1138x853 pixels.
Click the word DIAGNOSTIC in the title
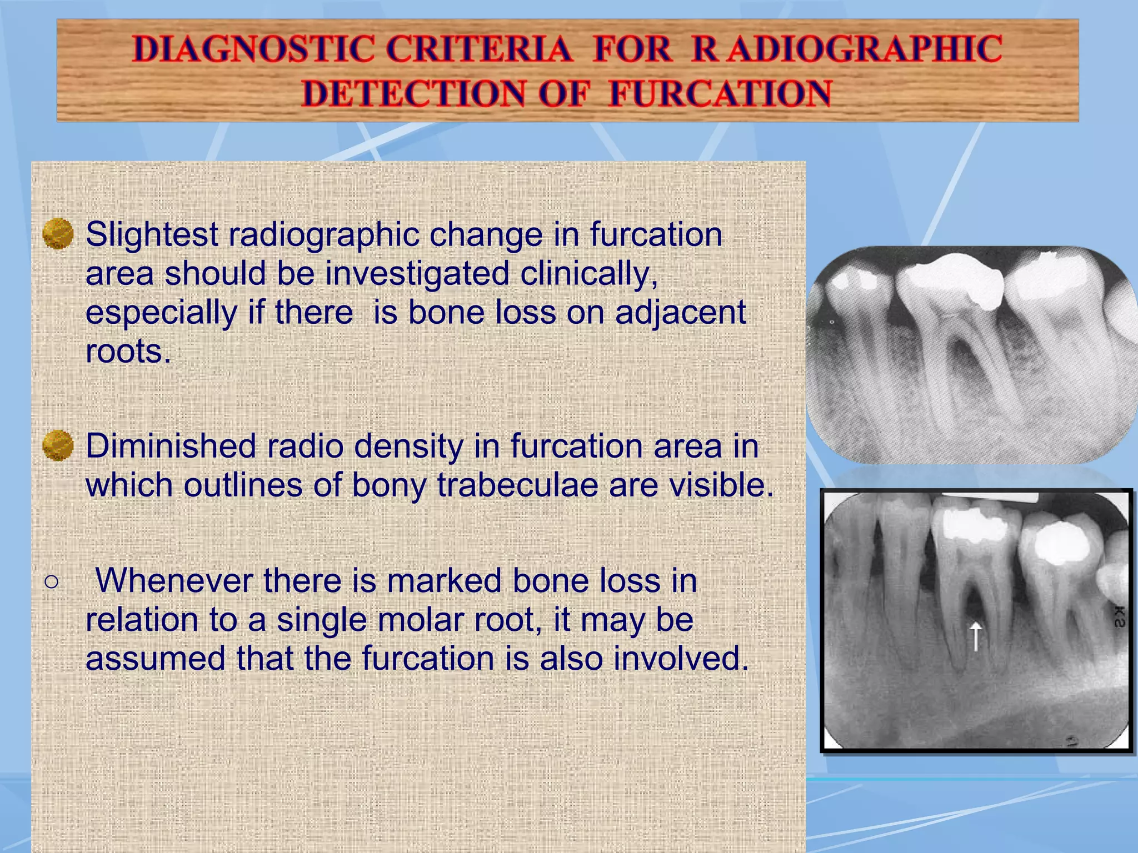click(253, 49)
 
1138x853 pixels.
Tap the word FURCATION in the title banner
click(720, 93)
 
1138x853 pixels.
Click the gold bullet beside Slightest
click(58, 234)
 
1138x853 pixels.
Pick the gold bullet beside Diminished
click(58, 445)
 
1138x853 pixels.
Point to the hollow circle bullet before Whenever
click(51, 581)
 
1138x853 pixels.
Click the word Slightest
click(152, 234)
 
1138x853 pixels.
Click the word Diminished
click(176, 446)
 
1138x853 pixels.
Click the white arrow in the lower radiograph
click(976, 635)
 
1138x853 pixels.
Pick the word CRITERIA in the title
click(479, 49)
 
